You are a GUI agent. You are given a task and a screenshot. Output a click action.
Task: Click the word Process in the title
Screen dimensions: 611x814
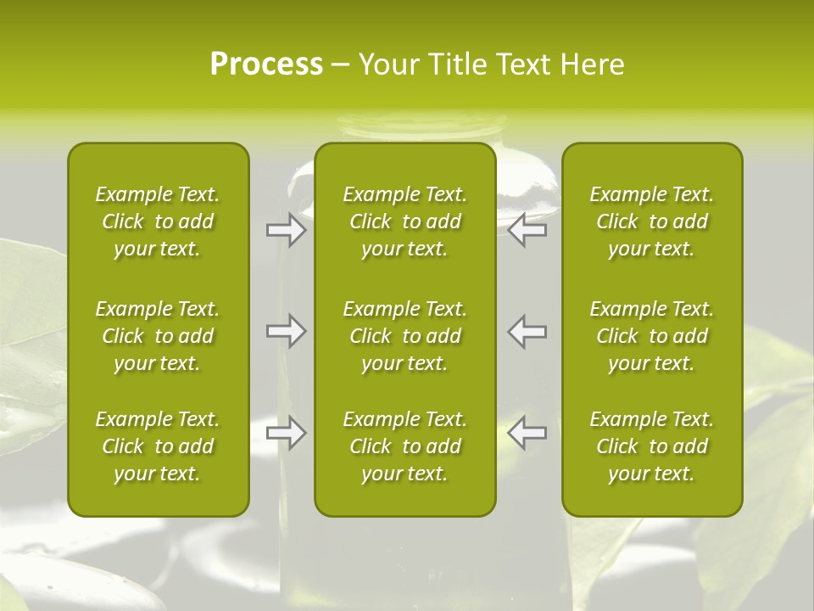tap(266, 64)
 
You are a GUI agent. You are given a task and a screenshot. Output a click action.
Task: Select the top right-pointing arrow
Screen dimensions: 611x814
tap(286, 230)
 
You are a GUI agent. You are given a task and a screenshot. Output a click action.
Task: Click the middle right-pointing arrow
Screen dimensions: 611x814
tap(286, 331)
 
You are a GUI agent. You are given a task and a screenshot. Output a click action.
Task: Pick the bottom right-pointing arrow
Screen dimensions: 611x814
tap(286, 433)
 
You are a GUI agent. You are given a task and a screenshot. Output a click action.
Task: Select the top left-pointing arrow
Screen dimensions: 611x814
tap(527, 230)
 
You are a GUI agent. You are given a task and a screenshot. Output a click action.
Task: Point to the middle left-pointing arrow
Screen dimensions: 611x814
tap(527, 331)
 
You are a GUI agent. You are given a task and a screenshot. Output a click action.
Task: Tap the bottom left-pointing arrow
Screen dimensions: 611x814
tap(527, 433)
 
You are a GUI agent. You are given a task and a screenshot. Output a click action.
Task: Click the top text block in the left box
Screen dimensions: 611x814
tap(158, 221)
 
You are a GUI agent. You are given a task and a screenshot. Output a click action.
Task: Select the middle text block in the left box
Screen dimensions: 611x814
tap(158, 336)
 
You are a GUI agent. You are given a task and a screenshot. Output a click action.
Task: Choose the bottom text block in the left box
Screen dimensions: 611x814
tap(158, 446)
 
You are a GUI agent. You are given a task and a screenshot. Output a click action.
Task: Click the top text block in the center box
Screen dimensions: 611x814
tap(405, 221)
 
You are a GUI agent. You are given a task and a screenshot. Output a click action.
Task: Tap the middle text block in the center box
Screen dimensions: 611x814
tap(405, 336)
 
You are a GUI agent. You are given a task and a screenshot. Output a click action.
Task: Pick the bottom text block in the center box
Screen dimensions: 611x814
tap(405, 446)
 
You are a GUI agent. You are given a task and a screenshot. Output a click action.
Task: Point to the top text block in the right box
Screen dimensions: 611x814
tap(652, 221)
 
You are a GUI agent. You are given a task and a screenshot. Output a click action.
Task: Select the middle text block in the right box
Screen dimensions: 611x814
tap(652, 336)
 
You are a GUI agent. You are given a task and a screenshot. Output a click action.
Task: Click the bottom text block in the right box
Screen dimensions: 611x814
tap(652, 446)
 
